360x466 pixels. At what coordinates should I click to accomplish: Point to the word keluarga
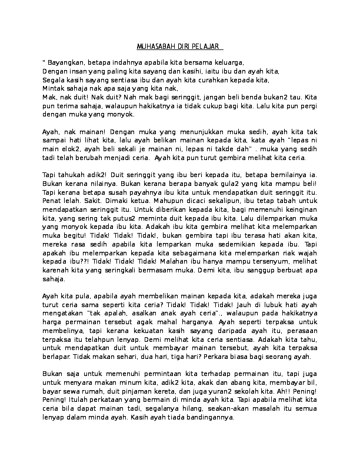point(227,62)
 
